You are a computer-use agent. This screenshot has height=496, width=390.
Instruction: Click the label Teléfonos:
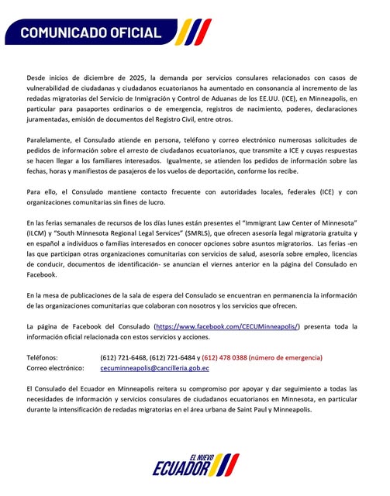pyautogui.click(x=42, y=357)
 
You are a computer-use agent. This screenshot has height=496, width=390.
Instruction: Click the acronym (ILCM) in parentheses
pyautogui.click(x=37, y=233)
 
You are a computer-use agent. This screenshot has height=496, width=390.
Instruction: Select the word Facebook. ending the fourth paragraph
pyautogui.click(x=42, y=274)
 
